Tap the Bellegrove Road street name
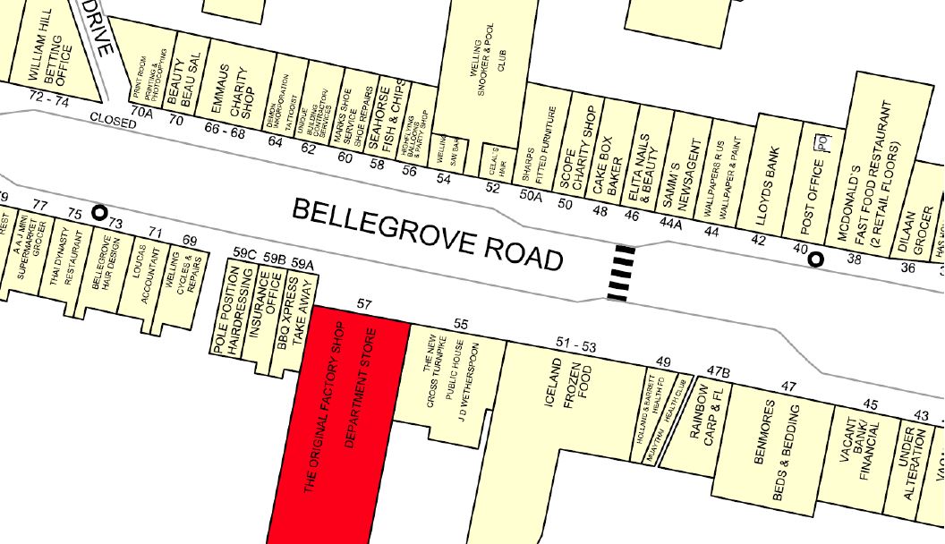(x=429, y=234)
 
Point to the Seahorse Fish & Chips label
(x=391, y=118)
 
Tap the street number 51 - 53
(x=576, y=344)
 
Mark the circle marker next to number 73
(x=99, y=213)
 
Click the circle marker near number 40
(x=816, y=259)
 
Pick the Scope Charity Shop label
(x=577, y=157)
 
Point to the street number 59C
(x=244, y=254)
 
